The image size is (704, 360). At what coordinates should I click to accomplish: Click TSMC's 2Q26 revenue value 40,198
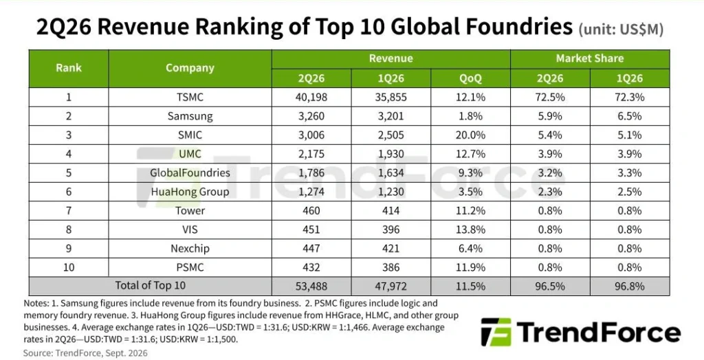pyautogui.click(x=311, y=97)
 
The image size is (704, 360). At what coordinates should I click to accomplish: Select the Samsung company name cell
pyautogui.click(x=190, y=116)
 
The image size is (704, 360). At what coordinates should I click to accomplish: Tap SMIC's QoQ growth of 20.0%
pyautogui.click(x=470, y=135)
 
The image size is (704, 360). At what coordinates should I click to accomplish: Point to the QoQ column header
pyautogui.click(x=470, y=78)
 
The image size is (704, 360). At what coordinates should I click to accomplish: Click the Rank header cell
pyautogui.click(x=69, y=68)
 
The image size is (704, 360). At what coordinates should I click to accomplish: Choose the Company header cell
pyautogui.click(x=190, y=68)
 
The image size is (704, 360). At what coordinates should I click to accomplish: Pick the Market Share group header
pyautogui.click(x=589, y=58)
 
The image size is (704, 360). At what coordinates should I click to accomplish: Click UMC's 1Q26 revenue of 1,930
pyautogui.click(x=390, y=154)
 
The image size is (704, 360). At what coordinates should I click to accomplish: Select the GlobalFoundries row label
pyautogui.click(x=190, y=173)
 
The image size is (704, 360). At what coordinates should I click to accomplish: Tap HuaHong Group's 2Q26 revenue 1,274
pyautogui.click(x=311, y=192)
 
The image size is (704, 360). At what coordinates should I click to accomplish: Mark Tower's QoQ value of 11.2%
pyautogui.click(x=470, y=210)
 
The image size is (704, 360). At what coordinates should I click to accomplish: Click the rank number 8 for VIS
pyautogui.click(x=69, y=229)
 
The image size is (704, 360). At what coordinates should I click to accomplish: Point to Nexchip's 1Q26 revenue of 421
pyautogui.click(x=390, y=248)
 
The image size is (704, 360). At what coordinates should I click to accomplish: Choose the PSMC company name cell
pyautogui.click(x=190, y=267)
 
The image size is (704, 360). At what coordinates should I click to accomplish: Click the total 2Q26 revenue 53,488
pyautogui.click(x=311, y=286)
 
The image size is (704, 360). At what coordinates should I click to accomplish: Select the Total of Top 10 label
pyautogui.click(x=150, y=286)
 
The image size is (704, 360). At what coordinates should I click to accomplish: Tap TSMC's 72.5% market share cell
pyautogui.click(x=549, y=97)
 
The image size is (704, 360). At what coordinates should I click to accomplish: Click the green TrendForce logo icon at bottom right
pyautogui.click(x=496, y=332)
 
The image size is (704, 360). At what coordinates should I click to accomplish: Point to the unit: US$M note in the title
pyautogui.click(x=621, y=29)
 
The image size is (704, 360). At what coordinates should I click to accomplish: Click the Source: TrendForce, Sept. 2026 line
pyautogui.click(x=85, y=353)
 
